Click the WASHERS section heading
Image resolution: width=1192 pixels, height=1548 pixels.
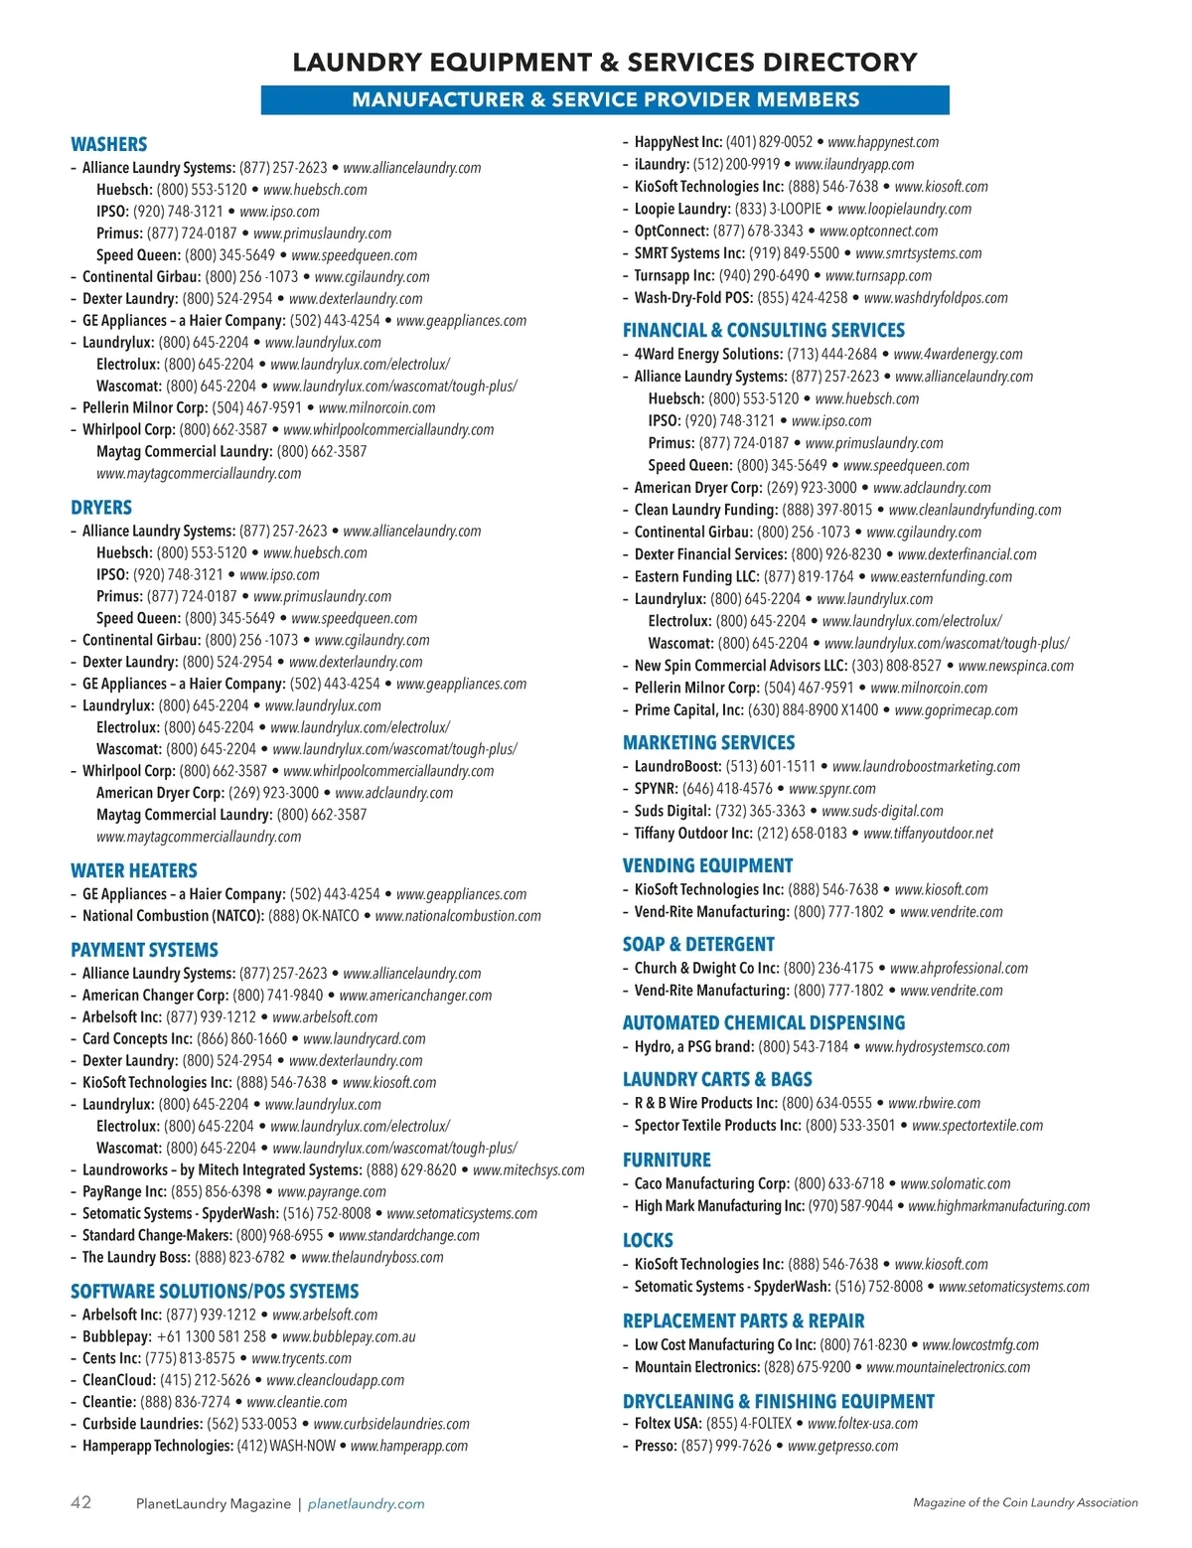(x=108, y=144)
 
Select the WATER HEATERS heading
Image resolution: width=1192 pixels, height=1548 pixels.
(x=133, y=870)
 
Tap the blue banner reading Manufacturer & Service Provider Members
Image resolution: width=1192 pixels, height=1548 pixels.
(x=605, y=100)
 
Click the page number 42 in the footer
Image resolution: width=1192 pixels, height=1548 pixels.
(x=80, y=1502)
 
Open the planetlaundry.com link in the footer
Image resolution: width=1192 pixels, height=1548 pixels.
(x=366, y=1504)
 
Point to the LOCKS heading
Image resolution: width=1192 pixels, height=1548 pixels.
(x=648, y=1240)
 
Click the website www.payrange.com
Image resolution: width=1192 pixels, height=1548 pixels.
(x=332, y=1191)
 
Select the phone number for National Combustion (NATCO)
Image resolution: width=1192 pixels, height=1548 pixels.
(x=313, y=916)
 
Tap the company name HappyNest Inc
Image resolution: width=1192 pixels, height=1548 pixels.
(x=678, y=142)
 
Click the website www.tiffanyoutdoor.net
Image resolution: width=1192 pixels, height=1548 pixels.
(x=928, y=834)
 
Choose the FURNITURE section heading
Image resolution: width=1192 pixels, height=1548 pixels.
(x=667, y=1160)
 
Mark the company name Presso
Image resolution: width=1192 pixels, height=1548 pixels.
(x=656, y=1446)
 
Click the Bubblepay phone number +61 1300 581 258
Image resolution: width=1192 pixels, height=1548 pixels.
(x=212, y=1336)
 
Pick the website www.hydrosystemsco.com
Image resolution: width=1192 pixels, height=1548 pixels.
(x=937, y=1047)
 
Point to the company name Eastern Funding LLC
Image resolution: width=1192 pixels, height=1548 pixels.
(x=696, y=576)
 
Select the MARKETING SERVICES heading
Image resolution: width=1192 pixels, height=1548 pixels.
(x=708, y=742)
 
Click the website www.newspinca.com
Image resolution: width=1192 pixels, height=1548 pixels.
(x=1015, y=666)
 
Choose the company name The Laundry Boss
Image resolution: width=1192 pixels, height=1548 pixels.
(x=136, y=1257)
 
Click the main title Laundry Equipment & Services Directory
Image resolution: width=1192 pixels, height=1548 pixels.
(x=605, y=63)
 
